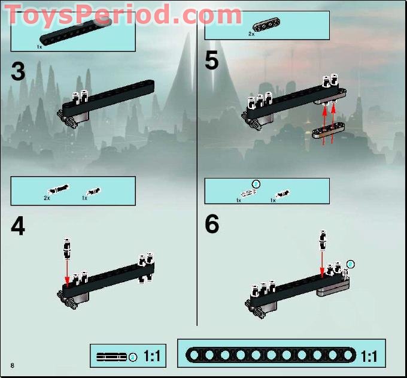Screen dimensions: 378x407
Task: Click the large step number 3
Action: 18,72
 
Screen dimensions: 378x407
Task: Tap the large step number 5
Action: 212,61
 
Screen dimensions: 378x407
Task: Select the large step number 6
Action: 212,224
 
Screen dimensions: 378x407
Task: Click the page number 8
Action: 12,365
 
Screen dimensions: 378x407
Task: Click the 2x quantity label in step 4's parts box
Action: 47,197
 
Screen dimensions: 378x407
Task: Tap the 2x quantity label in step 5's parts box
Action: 251,35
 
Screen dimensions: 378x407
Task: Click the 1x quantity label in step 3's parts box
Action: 40,46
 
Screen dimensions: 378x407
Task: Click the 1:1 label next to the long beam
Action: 369,356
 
